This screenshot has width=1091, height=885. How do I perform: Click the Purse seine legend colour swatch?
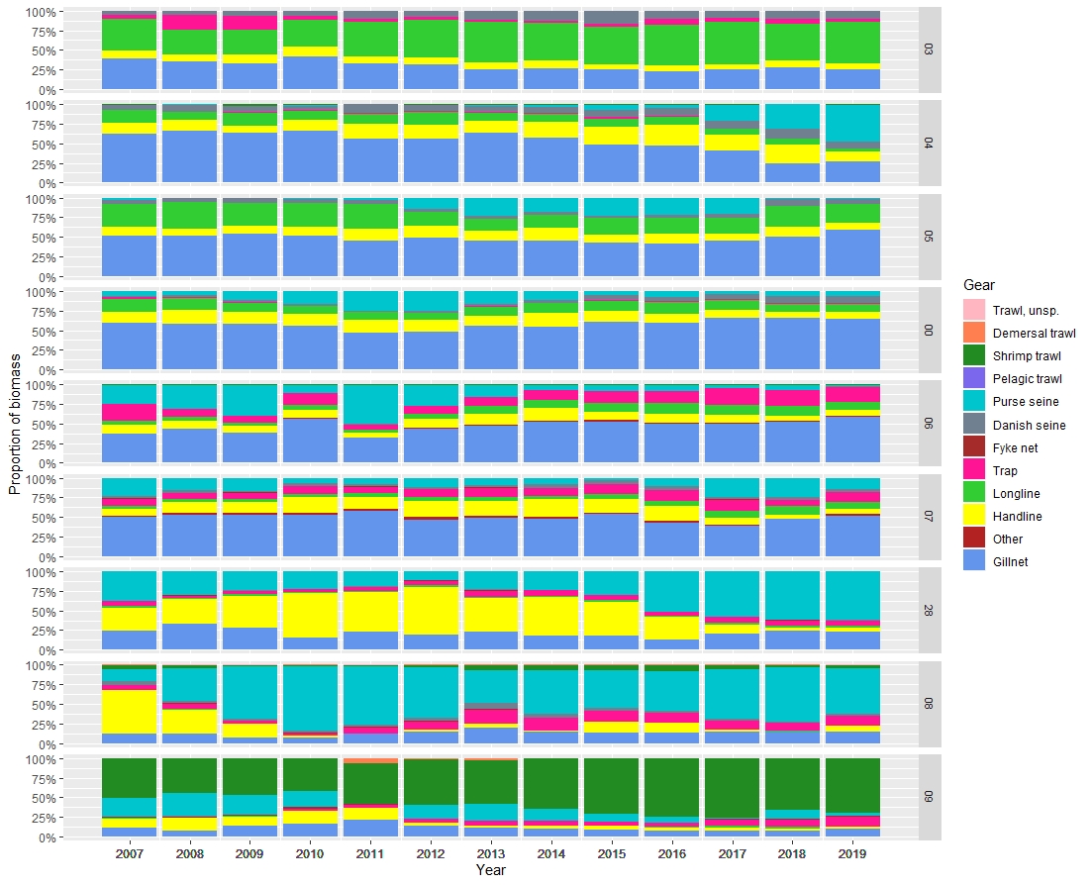click(x=974, y=402)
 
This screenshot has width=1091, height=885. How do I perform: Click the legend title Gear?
click(x=979, y=285)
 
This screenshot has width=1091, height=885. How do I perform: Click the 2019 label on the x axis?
click(x=854, y=852)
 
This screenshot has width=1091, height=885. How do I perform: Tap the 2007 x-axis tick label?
click(x=130, y=852)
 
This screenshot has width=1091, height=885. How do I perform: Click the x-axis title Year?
click(x=491, y=870)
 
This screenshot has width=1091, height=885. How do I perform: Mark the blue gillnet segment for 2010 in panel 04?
click(x=311, y=156)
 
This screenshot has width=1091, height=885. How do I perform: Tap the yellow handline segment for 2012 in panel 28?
click(x=432, y=610)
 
